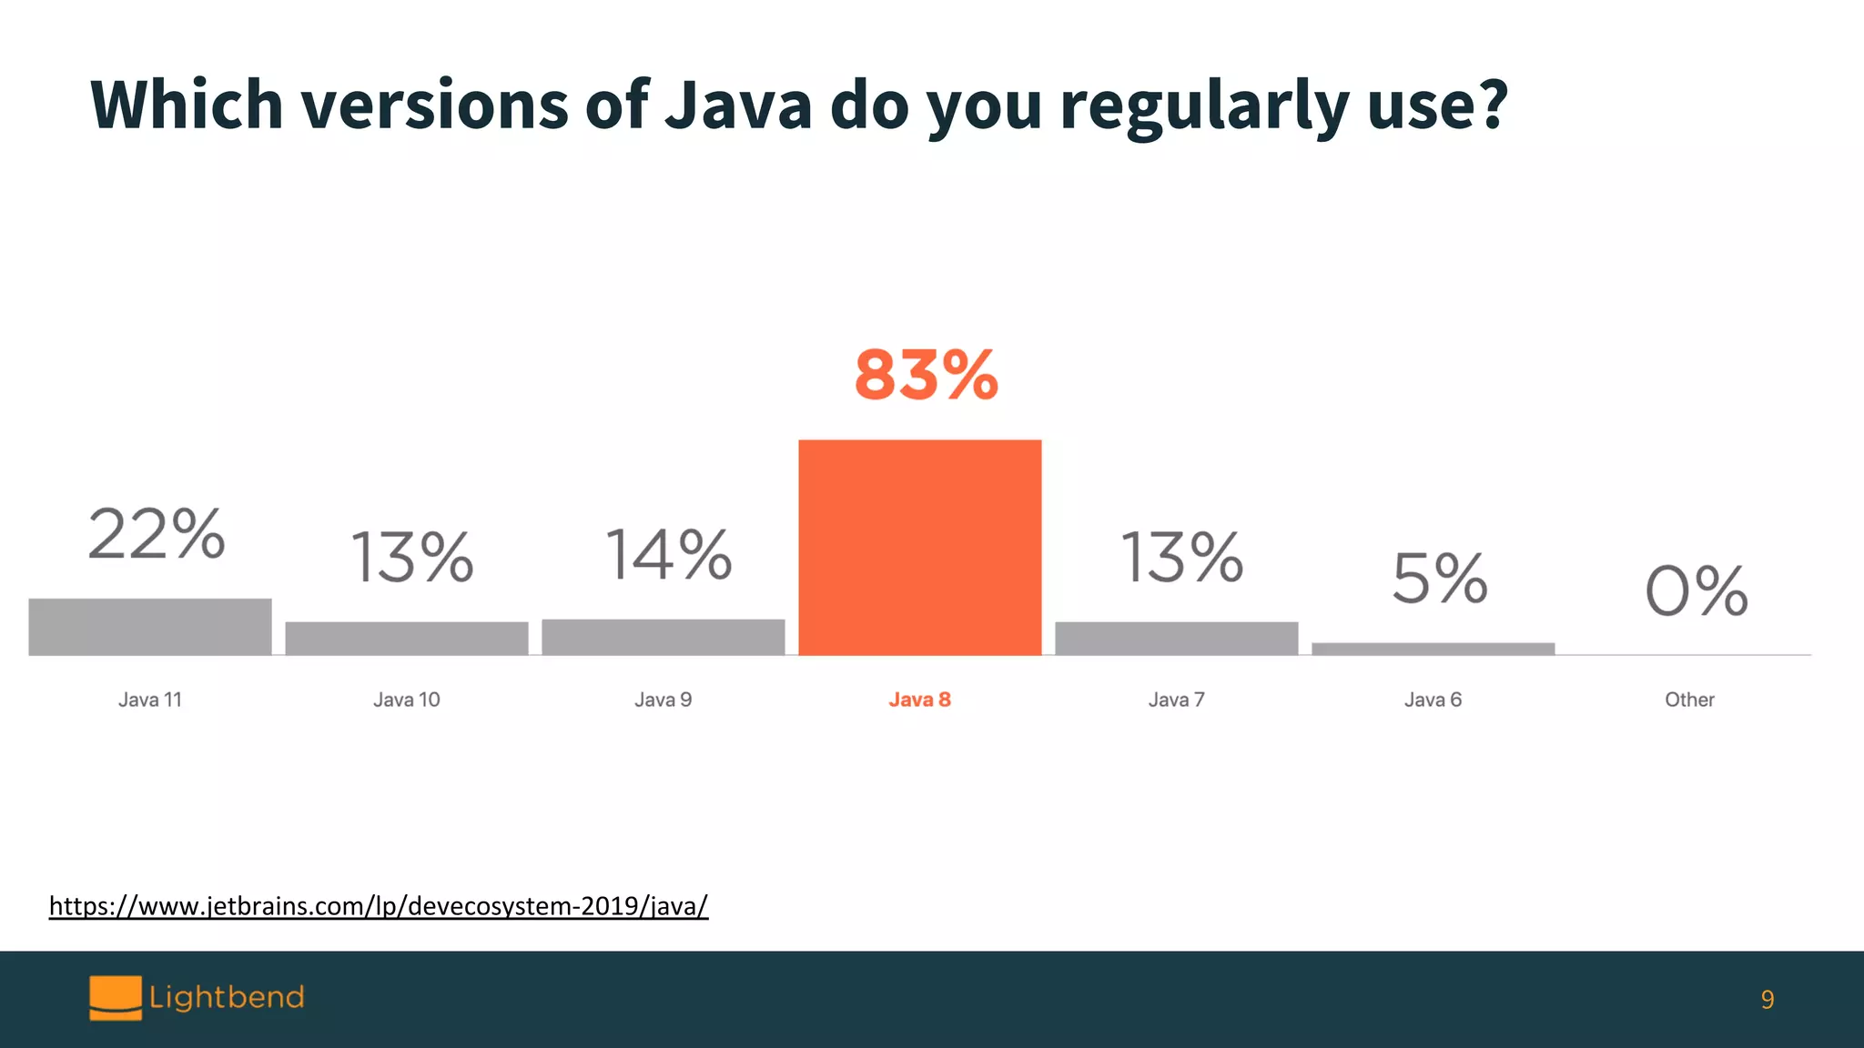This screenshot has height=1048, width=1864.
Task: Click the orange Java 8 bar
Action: point(919,547)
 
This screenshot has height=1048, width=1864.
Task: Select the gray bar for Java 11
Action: point(150,627)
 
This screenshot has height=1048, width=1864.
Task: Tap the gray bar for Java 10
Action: point(406,638)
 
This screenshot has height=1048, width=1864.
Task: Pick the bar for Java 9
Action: point(663,637)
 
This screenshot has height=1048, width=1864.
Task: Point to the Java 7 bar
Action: point(1176,638)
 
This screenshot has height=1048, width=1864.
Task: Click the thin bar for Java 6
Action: point(1433,649)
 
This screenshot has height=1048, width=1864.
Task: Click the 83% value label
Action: point(926,375)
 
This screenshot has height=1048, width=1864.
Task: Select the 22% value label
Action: point(157,534)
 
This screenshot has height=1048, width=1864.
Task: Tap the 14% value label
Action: point(669,555)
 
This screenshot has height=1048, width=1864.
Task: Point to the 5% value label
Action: point(1440,579)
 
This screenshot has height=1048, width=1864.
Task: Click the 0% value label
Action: point(1696,591)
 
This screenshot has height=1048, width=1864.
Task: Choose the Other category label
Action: point(1689,700)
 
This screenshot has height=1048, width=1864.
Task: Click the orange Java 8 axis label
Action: point(919,700)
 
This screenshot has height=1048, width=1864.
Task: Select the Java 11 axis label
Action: point(150,700)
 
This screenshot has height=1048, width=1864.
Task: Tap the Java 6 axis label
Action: point(1433,700)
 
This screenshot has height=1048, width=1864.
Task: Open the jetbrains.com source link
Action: point(379,906)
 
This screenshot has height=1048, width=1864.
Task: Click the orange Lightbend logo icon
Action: point(116,997)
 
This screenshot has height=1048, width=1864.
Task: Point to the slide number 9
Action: point(1767,1000)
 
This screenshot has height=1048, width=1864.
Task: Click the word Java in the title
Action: point(738,105)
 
